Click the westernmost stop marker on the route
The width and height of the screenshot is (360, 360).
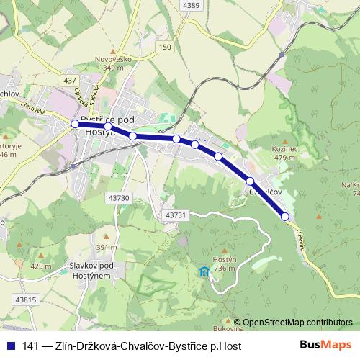(75, 124)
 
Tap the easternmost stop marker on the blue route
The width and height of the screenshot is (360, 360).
(284, 217)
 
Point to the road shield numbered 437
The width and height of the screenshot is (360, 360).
(69, 80)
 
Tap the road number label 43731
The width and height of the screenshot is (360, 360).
(175, 215)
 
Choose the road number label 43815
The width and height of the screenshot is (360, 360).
(24, 300)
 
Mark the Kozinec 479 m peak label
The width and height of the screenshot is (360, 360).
(286, 153)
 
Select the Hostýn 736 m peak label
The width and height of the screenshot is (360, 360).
(225, 264)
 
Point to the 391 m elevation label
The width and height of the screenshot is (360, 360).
(107, 247)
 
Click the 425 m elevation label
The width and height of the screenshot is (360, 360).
(40, 266)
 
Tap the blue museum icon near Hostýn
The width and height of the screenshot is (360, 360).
(204, 271)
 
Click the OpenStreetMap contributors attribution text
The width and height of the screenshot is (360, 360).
(297, 322)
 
